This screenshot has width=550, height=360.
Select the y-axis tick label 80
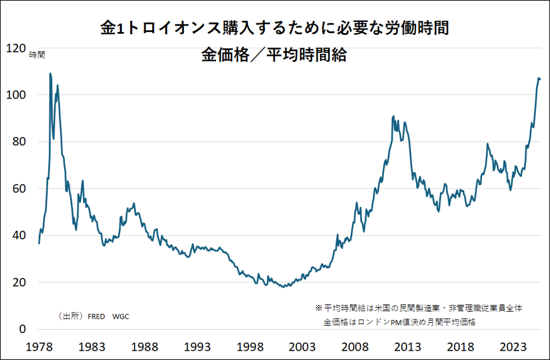(18, 142)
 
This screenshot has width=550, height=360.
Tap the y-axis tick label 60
(18, 189)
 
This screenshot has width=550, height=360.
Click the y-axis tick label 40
(18, 235)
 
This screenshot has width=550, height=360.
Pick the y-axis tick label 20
(18, 282)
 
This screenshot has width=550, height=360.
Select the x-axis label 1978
(39, 347)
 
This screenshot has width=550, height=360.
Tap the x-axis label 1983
(91, 347)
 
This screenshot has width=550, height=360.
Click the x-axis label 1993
(197, 347)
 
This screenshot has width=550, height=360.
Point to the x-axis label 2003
(303, 347)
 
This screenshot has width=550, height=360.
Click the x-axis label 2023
(513, 347)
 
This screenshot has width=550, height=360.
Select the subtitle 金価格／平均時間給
(274, 56)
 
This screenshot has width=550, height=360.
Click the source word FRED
(96, 316)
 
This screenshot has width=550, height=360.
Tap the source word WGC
(121, 316)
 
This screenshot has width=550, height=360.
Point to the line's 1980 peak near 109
(51, 74)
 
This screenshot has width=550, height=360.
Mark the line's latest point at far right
(540, 78)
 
